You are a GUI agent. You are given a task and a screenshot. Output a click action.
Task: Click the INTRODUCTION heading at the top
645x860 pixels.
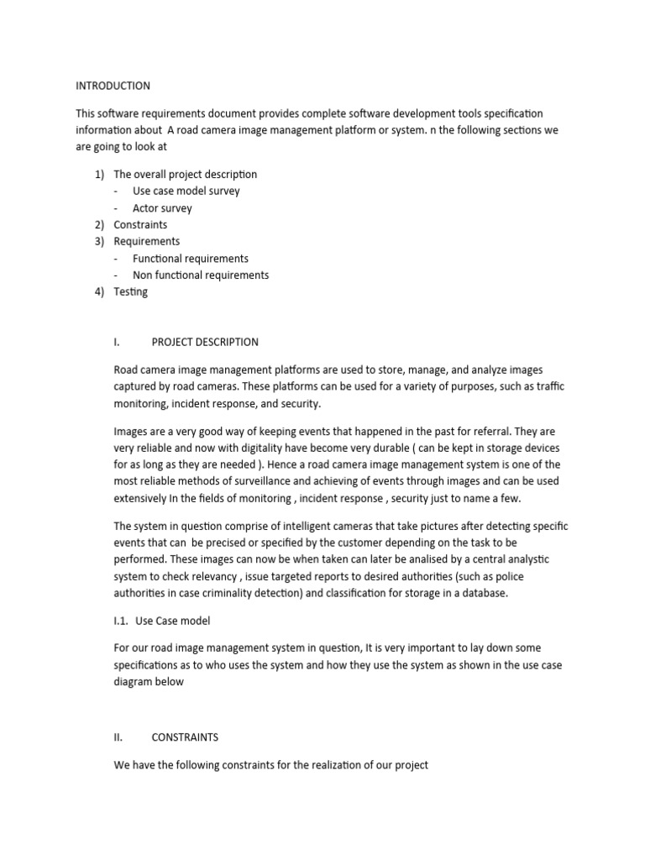[x=113, y=86]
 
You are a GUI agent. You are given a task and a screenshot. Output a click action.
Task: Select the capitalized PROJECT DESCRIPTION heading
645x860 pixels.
[x=205, y=342]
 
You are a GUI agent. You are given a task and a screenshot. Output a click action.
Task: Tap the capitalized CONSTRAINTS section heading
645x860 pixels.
[x=185, y=737]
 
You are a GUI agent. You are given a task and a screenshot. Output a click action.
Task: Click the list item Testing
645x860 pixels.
[x=130, y=291]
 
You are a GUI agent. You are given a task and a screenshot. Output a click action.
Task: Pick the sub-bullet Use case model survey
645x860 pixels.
[x=186, y=191]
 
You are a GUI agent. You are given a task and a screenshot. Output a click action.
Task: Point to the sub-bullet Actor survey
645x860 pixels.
[x=162, y=207]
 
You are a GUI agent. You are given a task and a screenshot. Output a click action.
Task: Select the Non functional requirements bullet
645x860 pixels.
[x=201, y=275]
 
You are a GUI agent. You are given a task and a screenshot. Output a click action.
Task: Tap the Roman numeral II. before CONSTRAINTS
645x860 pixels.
[x=118, y=737]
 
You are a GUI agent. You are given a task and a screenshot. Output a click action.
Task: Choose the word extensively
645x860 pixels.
[x=143, y=498]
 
